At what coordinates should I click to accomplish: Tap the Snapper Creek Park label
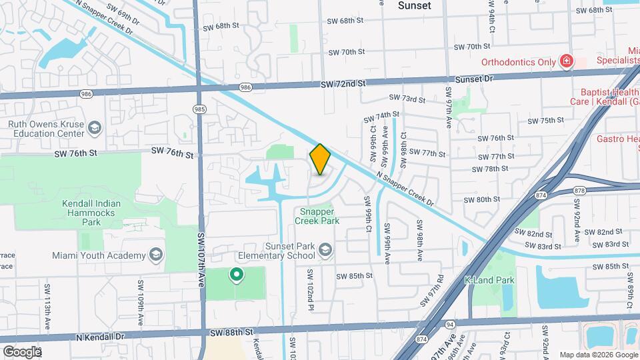click(317, 215)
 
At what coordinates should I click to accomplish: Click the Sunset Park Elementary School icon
click(325, 250)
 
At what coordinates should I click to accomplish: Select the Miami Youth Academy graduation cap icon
click(155, 255)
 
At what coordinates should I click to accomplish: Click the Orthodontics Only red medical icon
click(566, 62)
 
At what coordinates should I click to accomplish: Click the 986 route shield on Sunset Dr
click(246, 87)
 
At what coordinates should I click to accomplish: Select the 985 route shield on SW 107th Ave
click(199, 109)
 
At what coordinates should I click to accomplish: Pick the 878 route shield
click(579, 191)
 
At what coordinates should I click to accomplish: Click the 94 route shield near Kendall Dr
click(451, 325)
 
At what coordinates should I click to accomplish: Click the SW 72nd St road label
click(343, 84)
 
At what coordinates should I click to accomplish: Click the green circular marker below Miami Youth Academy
click(235, 273)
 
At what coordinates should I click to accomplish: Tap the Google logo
click(21, 351)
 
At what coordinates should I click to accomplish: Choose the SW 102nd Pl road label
click(310, 289)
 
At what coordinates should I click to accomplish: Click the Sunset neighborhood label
click(414, 5)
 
